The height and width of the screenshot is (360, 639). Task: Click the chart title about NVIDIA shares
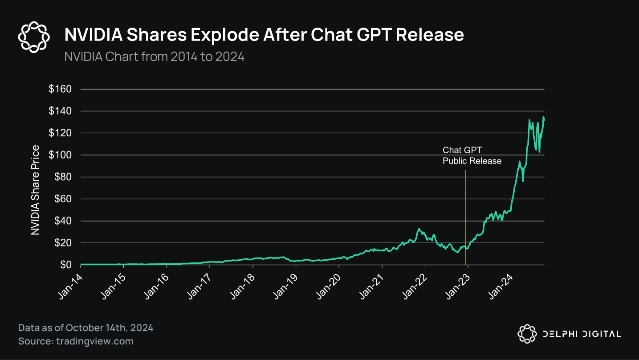tap(264, 35)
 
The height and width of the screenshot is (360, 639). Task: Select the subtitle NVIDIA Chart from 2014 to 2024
tap(154, 57)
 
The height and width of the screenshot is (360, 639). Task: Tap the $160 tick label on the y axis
tap(60, 89)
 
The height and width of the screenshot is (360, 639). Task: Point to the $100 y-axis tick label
tap(60, 155)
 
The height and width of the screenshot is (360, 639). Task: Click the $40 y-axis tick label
tap(62, 221)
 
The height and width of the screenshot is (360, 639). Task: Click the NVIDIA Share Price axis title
tap(35, 190)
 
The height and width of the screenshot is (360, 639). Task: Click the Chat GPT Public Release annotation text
tap(472, 155)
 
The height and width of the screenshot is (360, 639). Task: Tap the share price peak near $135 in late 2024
tap(543, 117)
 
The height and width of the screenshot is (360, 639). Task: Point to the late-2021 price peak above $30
tap(419, 229)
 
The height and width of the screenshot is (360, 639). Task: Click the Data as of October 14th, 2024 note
tap(85, 328)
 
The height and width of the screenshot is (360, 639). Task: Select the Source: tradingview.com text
tap(76, 341)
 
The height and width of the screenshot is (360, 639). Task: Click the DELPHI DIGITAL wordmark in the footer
tap(581, 334)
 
